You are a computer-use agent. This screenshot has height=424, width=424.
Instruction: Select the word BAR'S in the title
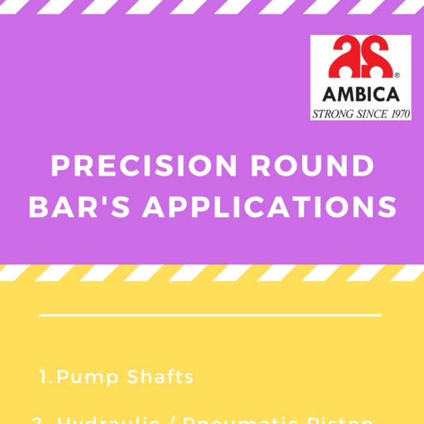coord(92,207)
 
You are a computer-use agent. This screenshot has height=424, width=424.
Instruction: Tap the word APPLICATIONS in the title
coord(270,207)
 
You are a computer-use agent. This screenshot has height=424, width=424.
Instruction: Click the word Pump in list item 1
coord(80,378)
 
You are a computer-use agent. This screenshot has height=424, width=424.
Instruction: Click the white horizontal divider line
coord(211,315)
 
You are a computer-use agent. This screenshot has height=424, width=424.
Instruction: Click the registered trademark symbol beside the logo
coord(396,74)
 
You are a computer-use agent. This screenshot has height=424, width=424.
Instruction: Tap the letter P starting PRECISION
coord(61,166)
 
